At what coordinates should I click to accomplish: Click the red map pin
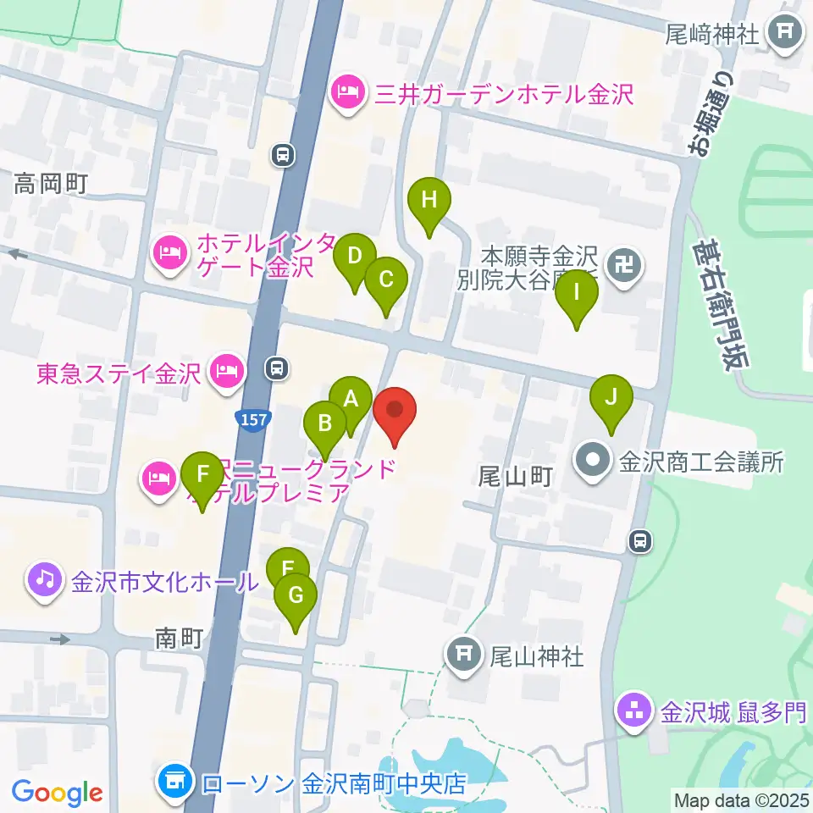pos(395,412)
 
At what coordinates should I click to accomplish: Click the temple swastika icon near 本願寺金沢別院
pos(628,267)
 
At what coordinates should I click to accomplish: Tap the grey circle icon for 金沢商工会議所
pos(592,462)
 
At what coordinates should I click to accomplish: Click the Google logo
pos(57,794)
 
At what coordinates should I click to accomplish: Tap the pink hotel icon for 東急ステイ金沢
pos(226,371)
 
